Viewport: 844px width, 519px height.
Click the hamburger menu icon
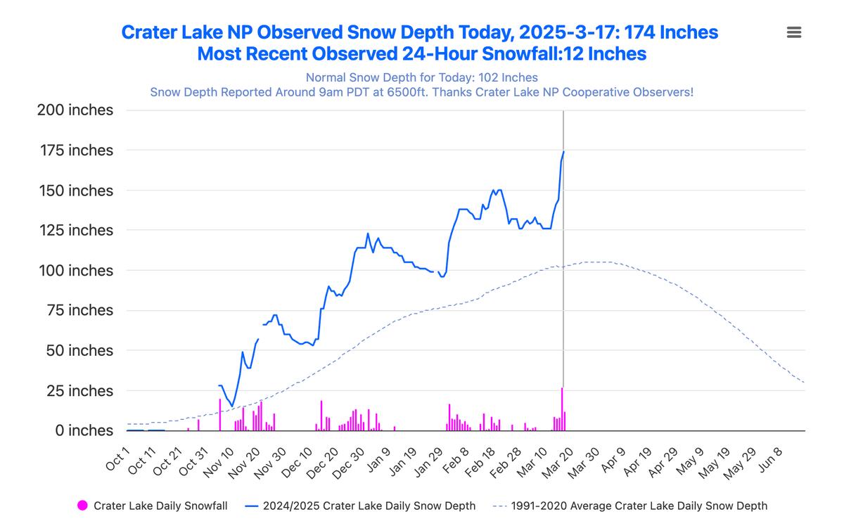pyautogui.click(x=794, y=32)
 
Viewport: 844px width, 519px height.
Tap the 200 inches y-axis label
pyautogui.click(x=75, y=110)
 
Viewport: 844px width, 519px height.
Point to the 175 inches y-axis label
pyautogui.click(x=75, y=150)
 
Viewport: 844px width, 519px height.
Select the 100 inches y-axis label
pyautogui.click(x=75, y=271)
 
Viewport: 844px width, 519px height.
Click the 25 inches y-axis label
pyautogui.click(x=79, y=391)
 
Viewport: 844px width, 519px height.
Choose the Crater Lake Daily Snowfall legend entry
pyautogui.click(x=160, y=506)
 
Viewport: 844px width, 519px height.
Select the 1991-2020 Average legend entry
pyautogui.click(x=639, y=506)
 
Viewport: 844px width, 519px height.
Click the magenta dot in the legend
pyautogui.click(x=82, y=505)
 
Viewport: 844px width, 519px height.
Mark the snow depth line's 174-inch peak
pyautogui.click(x=564, y=151)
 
